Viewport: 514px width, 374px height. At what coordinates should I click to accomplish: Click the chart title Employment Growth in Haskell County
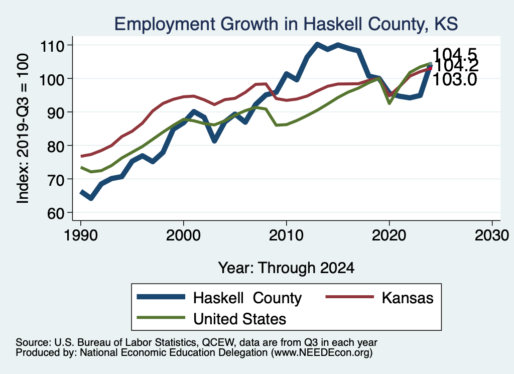[286, 24]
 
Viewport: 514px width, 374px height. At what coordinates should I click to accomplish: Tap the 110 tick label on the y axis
[52, 46]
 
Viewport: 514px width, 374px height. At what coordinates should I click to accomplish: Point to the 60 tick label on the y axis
[55, 213]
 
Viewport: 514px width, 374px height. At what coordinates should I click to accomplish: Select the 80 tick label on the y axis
[55, 147]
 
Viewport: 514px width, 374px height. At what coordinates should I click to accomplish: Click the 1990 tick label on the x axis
[81, 235]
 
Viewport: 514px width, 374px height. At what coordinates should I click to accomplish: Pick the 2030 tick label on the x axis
[492, 235]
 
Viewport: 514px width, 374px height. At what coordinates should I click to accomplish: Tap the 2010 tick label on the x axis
[286, 235]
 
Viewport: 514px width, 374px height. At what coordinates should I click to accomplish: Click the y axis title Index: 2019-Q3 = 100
[23, 129]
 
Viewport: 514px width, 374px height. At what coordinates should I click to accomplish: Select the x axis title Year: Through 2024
[286, 268]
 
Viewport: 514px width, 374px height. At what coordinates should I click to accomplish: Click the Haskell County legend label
[247, 298]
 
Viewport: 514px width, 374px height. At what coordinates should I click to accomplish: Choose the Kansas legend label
[408, 298]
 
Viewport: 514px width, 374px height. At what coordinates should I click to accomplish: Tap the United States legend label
[239, 319]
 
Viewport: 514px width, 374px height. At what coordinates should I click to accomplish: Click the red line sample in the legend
[350, 297]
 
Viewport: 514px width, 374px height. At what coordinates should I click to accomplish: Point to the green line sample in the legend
[161, 318]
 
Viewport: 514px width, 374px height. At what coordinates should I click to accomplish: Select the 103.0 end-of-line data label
[455, 80]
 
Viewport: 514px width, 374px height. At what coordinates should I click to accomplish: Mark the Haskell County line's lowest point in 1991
[91, 198]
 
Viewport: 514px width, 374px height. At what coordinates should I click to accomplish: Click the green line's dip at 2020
[389, 103]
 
